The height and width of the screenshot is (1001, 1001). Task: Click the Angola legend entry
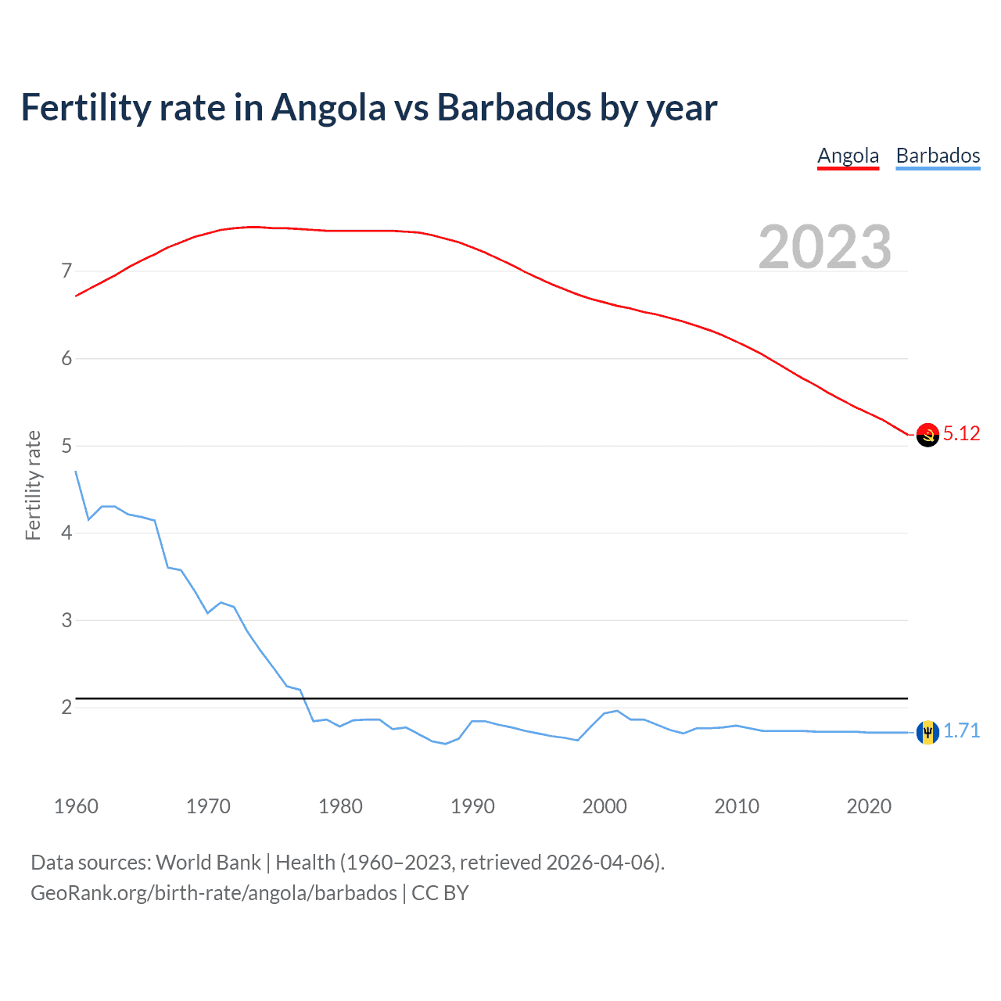pos(848,156)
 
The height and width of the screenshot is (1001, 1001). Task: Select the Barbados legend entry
pos(938,156)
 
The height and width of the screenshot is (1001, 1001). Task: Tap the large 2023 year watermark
pos(825,247)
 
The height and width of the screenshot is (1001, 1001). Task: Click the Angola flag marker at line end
pos(927,435)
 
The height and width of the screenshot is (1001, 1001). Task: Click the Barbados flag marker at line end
pos(927,732)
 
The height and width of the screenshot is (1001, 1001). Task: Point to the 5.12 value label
pos(961,434)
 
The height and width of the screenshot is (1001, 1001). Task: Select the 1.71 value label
pos(961,731)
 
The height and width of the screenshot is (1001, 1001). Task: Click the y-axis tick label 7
pos(66,271)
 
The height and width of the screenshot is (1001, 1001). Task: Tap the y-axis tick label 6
pos(66,359)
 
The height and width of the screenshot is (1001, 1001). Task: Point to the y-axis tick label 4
pos(66,533)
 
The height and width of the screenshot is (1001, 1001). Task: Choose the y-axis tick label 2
pos(66,708)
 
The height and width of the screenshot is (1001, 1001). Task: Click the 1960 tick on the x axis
pos(76,806)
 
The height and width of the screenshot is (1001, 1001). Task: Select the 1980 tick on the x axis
pos(340,806)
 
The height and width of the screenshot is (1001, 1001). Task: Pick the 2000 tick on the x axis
pos(605,806)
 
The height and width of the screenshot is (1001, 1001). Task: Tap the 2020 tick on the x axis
pos(869,806)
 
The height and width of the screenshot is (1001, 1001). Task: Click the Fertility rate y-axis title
pos(33,485)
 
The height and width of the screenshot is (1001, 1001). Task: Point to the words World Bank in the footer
pos(208,863)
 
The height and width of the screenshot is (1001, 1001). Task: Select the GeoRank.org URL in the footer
pos(213,893)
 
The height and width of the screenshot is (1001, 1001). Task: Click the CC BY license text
pos(440,893)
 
